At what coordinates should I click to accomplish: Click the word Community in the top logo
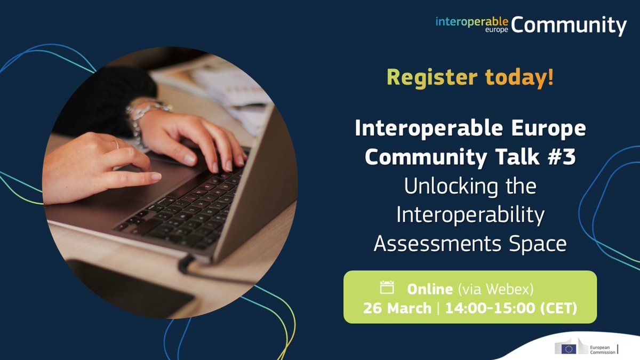(568, 25)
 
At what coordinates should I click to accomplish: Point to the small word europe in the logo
(497, 30)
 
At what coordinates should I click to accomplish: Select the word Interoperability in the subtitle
(470, 216)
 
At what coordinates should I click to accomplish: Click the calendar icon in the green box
(387, 288)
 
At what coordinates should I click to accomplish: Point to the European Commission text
(599, 349)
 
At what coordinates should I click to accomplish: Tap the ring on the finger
(117, 144)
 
